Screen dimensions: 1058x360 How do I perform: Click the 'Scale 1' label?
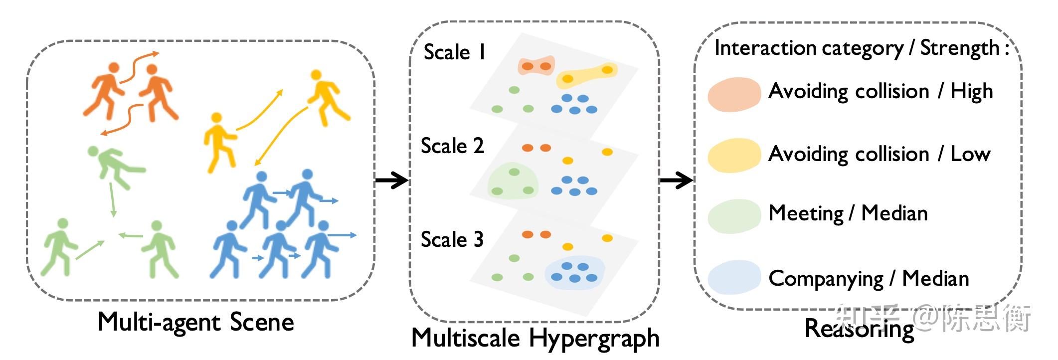[x=454, y=52]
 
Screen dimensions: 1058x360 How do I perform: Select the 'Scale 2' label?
[x=452, y=146]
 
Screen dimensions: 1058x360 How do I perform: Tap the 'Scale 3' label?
[x=452, y=239]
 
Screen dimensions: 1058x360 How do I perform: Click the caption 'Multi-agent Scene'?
[x=195, y=323]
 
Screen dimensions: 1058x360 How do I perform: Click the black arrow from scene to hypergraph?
[x=392, y=180]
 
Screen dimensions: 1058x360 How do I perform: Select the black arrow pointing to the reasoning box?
[x=677, y=180]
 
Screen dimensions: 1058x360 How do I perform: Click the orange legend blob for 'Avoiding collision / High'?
[x=734, y=94]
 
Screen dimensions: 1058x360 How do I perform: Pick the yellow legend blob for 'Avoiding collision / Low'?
[x=734, y=155]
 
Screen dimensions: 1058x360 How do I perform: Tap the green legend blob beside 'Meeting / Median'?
[x=734, y=216]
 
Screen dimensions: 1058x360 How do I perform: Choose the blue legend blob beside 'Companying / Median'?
[x=734, y=277]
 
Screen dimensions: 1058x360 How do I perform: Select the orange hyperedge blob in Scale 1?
[x=536, y=66]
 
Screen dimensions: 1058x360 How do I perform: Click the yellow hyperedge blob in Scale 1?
[x=587, y=74]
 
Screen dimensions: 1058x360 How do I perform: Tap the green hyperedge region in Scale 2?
[x=513, y=181]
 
